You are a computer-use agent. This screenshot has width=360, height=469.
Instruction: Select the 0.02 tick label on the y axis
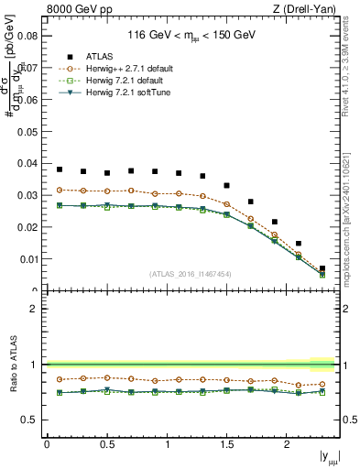tap(27, 227)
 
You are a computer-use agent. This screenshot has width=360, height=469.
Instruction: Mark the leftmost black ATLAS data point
tap(60, 169)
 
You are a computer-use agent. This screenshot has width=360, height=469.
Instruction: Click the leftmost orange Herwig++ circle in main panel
tap(60, 190)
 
